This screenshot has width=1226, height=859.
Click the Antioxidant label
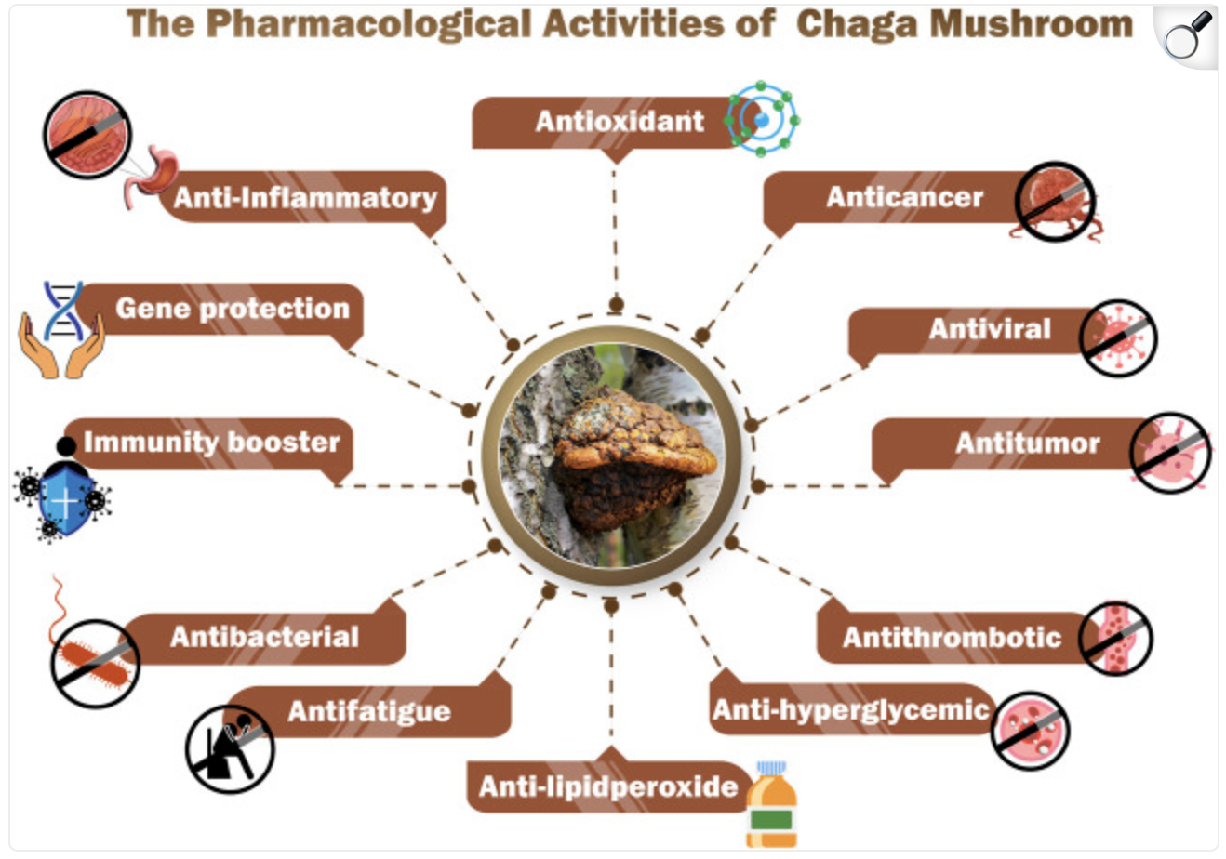[x=619, y=122]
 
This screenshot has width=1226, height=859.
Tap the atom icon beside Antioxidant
[x=763, y=120]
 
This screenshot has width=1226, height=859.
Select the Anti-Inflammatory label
[x=305, y=198]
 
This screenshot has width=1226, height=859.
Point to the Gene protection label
[x=232, y=309]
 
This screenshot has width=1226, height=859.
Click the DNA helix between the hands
[x=63, y=312]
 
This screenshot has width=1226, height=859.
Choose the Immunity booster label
[x=211, y=443]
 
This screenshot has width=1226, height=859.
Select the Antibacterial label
[x=264, y=637]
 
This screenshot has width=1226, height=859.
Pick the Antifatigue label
[x=369, y=712]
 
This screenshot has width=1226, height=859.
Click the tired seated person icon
[x=229, y=747]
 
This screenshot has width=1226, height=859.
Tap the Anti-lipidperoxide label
[x=608, y=787]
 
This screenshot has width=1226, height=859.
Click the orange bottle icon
[x=772, y=806]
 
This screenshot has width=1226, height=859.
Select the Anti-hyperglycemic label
[x=850, y=710]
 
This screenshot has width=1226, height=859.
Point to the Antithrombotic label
[x=952, y=638]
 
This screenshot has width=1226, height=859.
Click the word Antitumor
[x=1027, y=443]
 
